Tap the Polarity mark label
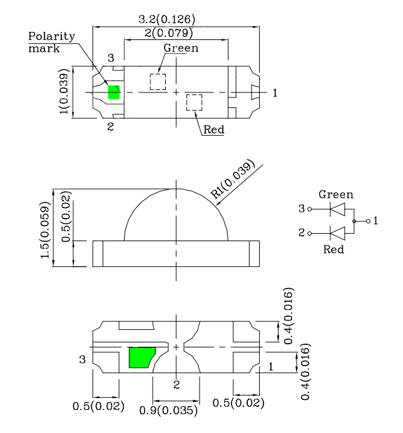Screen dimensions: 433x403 coord(51,42)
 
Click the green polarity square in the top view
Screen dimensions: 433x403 coord(114,92)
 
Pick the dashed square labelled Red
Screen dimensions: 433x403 coord(195,102)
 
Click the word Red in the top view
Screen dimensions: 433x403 coord(214,130)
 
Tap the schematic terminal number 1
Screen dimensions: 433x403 coord(375,221)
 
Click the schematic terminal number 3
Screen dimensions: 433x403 coord(302,209)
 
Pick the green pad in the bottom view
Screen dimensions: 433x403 coord(142,357)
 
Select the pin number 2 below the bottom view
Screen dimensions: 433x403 coord(177,384)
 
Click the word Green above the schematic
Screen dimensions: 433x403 coord(336,194)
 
